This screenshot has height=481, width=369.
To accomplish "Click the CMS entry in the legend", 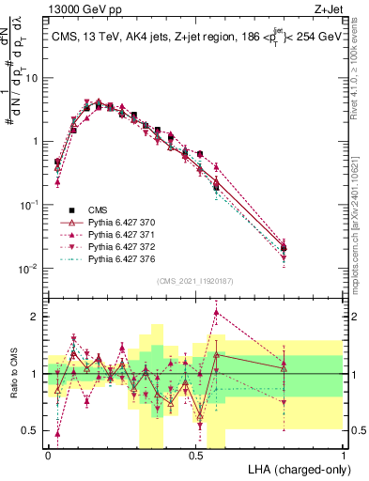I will [98, 209].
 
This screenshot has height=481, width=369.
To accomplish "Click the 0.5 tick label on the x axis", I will [195, 454].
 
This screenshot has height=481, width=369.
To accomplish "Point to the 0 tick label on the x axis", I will [48, 454].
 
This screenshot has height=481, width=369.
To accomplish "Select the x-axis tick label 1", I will [343, 454].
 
